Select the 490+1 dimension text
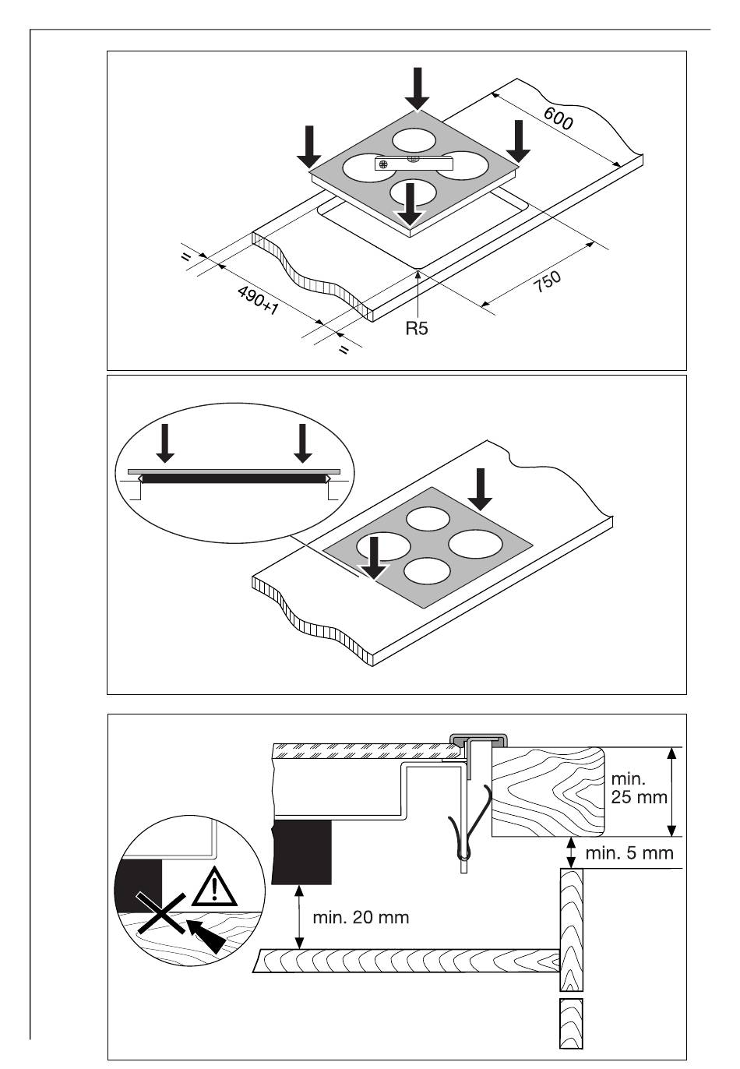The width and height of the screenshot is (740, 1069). click(x=258, y=301)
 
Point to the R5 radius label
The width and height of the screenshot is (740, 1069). click(x=417, y=328)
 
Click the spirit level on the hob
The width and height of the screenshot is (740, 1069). click(x=413, y=163)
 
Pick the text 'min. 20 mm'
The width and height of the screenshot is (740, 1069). click(x=361, y=917)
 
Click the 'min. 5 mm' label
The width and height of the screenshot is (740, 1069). click(x=629, y=852)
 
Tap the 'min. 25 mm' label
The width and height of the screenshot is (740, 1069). click(x=639, y=788)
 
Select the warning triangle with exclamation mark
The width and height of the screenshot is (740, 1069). click(x=214, y=887)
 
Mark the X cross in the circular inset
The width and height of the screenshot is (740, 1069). click(x=160, y=913)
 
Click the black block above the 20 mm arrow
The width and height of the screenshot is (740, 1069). click(x=301, y=852)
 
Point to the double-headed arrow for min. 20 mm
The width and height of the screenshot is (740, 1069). click(x=299, y=916)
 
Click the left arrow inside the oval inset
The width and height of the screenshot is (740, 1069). click(x=165, y=443)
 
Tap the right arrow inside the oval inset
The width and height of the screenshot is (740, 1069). click(x=302, y=443)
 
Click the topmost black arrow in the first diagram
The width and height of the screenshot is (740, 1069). click(x=417, y=89)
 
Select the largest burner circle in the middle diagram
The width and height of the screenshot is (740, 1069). click(x=475, y=544)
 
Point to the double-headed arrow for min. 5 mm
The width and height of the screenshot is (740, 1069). click(x=570, y=852)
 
